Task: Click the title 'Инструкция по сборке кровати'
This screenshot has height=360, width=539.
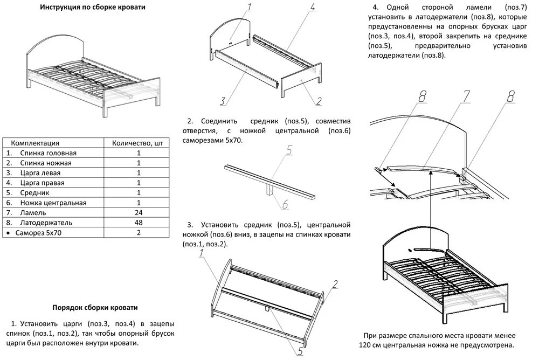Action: tap(93, 8)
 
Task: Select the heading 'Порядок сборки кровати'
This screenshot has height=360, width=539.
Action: tap(94, 307)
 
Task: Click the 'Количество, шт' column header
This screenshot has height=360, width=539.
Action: tap(137, 143)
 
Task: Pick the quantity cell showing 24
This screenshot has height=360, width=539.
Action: tap(139, 212)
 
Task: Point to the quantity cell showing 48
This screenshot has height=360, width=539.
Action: tap(139, 222)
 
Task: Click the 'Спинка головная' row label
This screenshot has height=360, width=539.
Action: tap(49, 153)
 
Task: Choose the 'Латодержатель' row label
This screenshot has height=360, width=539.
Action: tap(46, 222)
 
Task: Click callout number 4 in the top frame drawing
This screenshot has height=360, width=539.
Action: tap(312, 8)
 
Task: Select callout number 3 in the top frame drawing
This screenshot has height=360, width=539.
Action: tap(222, 100)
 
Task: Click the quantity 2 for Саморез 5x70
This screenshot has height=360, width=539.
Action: tap(139, 232)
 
